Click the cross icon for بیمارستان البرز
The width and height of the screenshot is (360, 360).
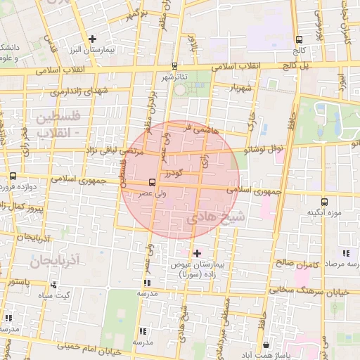pos(92,38)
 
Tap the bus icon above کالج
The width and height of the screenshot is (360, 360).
pos(300,39)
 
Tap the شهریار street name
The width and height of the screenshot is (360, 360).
pos(239,89)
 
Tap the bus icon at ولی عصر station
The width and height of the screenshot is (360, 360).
pos(143,184)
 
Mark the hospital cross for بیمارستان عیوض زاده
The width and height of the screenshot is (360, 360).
pos(196,252)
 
